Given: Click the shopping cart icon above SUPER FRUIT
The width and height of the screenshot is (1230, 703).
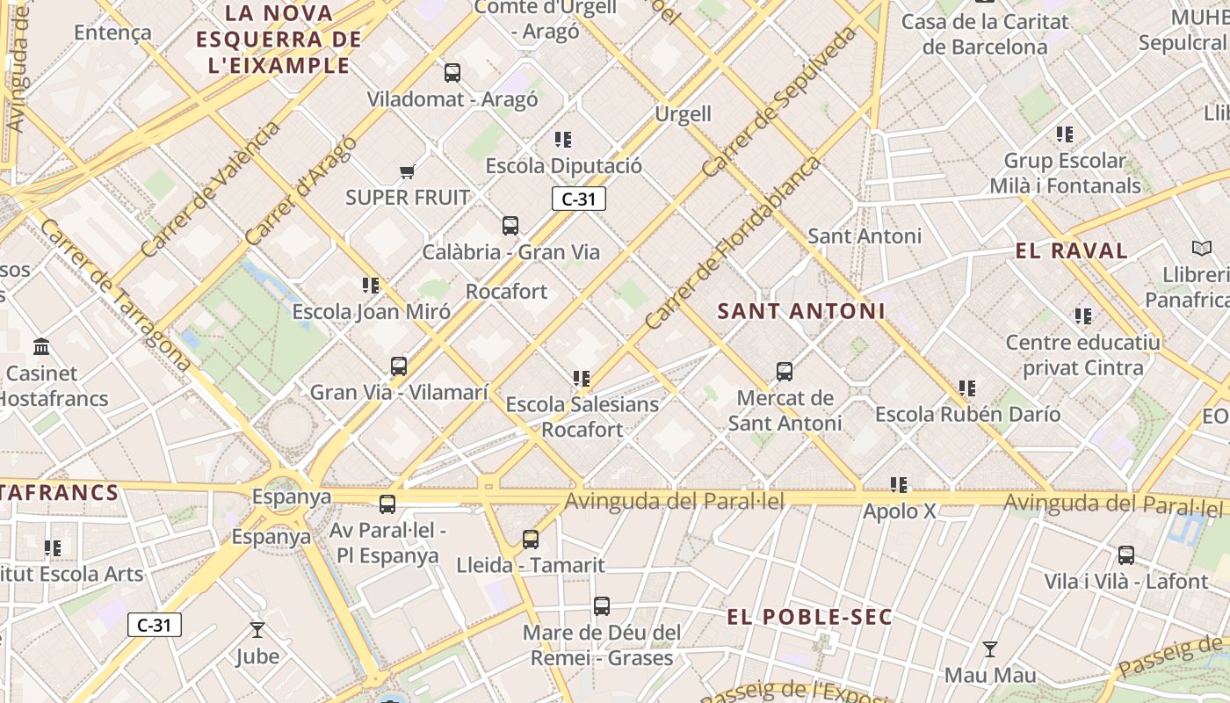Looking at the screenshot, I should (407, 171).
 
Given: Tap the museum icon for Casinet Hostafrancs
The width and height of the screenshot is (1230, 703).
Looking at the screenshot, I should (41, 346).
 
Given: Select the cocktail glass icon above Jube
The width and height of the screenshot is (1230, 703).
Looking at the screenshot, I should (257, 629).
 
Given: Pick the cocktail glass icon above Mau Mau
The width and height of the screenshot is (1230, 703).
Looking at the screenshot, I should (990, 649).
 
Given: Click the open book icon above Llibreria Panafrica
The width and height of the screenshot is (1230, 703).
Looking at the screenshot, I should (1201, 249).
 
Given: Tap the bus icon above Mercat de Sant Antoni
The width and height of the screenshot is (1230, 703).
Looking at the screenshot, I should (785, 372).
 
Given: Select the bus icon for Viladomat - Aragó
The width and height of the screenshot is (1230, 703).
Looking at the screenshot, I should (452, 73).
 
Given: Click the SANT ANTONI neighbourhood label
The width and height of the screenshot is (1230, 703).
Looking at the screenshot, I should (801, 311).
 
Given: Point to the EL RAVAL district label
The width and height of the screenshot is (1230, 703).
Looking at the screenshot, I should (1071, 250).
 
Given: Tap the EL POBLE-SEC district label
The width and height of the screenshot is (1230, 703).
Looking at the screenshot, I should (809, 617).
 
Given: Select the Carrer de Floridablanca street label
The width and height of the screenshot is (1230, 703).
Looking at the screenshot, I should (732, 243).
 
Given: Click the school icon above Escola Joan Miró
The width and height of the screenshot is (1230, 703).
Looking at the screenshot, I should (371, 286).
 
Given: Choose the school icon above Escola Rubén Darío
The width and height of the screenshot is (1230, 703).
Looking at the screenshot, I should (967, 388).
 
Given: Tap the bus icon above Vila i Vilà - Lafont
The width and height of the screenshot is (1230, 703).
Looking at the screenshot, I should (1126, 555).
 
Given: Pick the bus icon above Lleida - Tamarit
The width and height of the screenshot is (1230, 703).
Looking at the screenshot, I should (531, 540).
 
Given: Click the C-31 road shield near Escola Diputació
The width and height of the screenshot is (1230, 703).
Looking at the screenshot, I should (578, 199).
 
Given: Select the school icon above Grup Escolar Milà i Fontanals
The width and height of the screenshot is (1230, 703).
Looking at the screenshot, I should (1065, 134).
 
